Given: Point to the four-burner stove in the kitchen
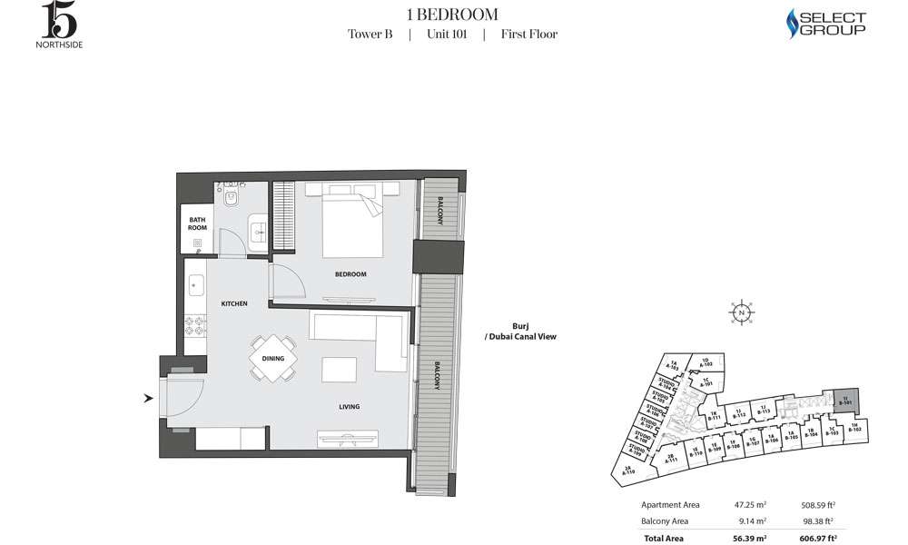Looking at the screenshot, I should tap(194, 328).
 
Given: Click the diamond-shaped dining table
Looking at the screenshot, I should tap(273, 358).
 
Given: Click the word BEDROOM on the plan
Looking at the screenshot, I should tap(350, 274).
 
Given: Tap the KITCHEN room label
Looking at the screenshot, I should tap(234, 303).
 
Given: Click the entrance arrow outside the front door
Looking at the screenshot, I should tap(148, 397).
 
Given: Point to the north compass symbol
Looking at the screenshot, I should tap(742, 312).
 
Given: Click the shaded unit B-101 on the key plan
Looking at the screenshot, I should tap(845, 401).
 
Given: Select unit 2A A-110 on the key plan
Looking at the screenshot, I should tap(629, 470).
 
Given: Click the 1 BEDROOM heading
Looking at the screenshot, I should tap(452, 14).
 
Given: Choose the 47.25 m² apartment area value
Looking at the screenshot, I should tap(750, 505).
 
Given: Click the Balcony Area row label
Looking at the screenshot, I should tap(665, 520).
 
